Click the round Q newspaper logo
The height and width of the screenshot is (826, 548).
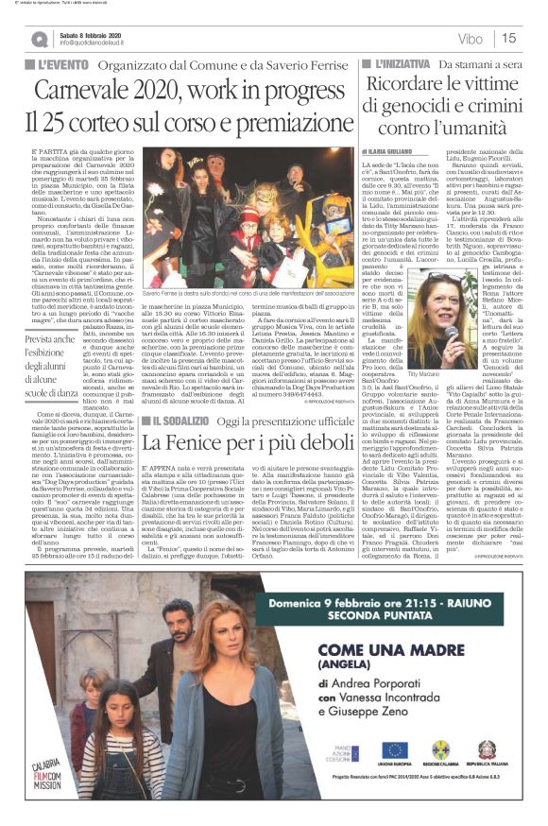[x=38, y=39]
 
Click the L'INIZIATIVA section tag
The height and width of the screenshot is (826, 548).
[x=399, y=62]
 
